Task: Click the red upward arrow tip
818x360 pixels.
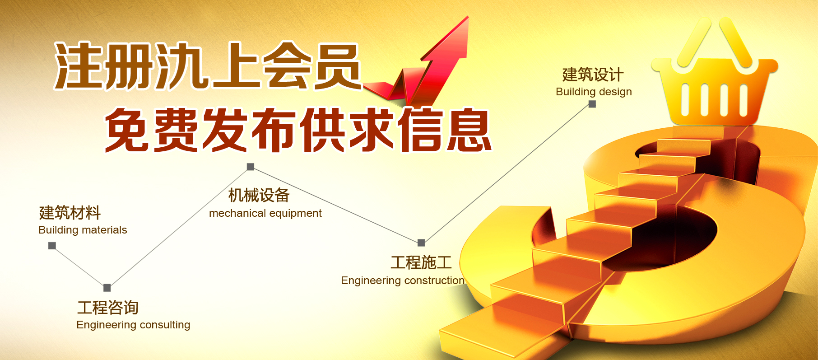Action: pos(468,17)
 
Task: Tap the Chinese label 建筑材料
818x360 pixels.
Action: pos(70,213)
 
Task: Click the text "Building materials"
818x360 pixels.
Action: pos(83,230)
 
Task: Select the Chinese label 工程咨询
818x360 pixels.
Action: pos(108,308)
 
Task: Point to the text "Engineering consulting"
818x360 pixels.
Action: pos(133,325)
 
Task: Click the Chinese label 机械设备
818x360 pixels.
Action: pos(259,196)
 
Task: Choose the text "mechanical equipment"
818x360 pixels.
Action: pos(265,213)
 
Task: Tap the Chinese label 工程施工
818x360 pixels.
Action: pos(421,262)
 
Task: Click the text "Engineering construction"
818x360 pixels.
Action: pos(403,281)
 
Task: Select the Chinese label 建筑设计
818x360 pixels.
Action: pos(593,75)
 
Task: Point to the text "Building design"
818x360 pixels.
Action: pos(594,92)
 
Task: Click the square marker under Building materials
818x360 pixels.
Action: pos(52,246)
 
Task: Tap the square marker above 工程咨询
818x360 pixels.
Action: pos(107,288)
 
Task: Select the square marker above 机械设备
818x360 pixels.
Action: pos(251,167)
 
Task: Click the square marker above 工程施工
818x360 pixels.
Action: pos(421,243)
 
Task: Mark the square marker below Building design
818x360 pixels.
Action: pos(592,104)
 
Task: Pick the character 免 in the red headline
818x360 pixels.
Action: pos(128,130)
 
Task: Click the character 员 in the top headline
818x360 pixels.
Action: pos(337,66)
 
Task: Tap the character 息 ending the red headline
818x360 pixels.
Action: pos(469,130)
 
